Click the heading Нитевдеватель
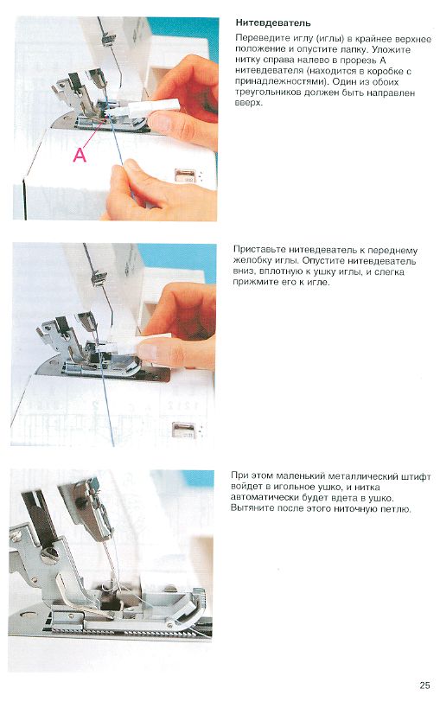(x=273, y=22)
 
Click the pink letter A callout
(x=80, y=155)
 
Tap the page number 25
(x=424, y=685)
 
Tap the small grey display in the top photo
(x=184, y=175)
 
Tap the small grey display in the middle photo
(x=183, y=430)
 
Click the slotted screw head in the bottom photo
(x=50, y=554)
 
